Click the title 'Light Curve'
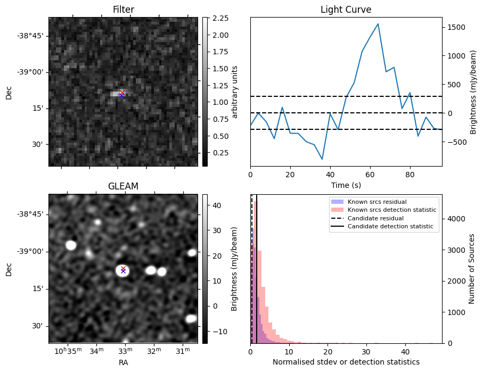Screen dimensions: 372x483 [x=346, y=10]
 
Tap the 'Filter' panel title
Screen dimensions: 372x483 [x=123, y=10]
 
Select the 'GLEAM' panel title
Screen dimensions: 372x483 [x=123, y=186]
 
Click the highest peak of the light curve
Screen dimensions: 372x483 [x=378, y=24]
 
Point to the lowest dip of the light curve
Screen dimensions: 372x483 [x=322, y=159]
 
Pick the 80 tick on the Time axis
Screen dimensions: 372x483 [x=410, y=174]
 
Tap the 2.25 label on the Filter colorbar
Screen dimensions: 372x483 [x=220, y=18]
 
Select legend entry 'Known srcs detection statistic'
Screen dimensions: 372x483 [x=391, y=210]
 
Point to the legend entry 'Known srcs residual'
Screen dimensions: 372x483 [x=376, y=202]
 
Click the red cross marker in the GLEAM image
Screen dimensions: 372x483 [x=123, y=268]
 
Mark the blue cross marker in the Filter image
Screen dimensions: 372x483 [x=122, y=95]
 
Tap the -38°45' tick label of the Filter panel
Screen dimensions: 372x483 [x=31, y=36]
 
